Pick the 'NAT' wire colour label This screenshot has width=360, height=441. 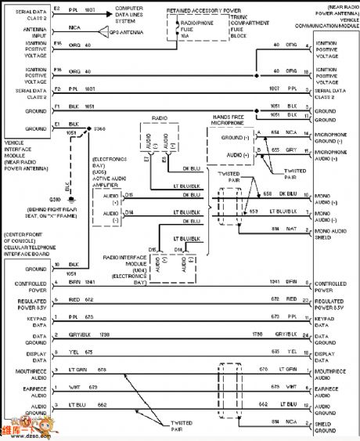(x=292, y=229)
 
